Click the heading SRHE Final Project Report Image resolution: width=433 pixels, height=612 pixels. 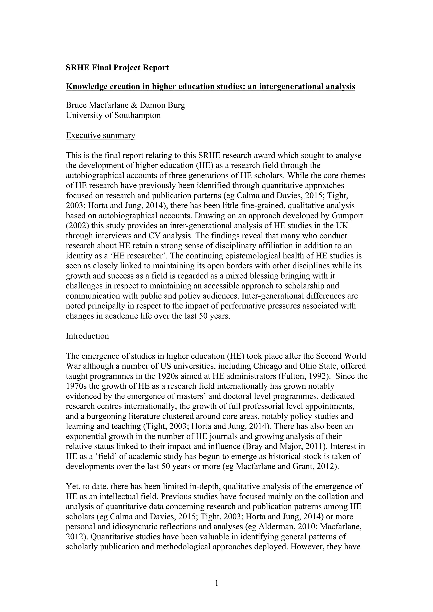coord(117,68)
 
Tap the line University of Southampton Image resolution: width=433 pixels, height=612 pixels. coord(113,115)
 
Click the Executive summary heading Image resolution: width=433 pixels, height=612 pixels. coord(100,135)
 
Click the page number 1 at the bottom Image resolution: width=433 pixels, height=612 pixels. coord(216,583)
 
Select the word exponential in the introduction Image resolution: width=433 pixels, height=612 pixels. coord(88,436)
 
